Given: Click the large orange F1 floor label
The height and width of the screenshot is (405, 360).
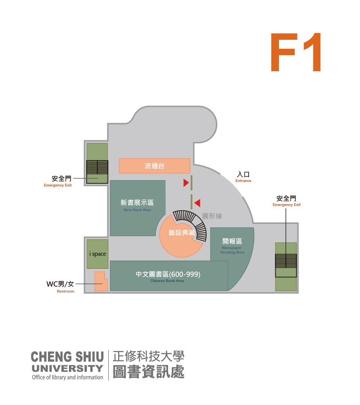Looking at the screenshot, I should (295, 53).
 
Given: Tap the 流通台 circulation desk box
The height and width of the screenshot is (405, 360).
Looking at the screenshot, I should (154, 166).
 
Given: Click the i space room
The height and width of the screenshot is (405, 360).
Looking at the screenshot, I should (97, 254).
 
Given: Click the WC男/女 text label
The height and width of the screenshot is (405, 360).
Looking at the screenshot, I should (60, 284).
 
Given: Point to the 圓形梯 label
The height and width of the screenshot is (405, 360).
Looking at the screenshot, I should (212, 216).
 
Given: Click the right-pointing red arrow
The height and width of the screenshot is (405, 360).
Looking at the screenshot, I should (186, 183).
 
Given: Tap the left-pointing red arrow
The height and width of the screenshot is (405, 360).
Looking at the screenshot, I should (197, 203).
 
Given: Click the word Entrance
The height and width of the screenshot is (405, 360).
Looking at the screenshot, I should (243, 181).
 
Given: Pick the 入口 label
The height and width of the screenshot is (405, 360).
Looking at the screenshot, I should (243, 175).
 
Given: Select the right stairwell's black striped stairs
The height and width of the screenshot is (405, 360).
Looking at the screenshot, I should (286, 261).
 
